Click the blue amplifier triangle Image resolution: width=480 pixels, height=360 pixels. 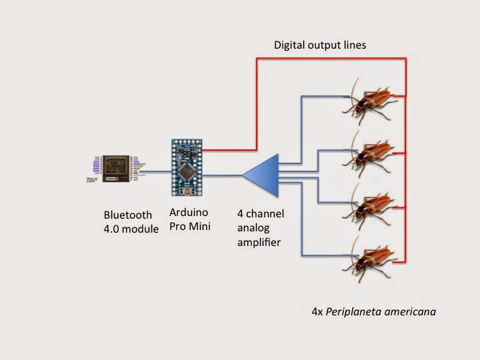point(261,175)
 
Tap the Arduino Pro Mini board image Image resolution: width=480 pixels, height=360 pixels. point(186,167)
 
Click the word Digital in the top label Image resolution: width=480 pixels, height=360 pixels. point(291,46)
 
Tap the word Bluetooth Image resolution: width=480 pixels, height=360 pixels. point(128,215)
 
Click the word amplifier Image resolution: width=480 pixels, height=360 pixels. point(259,243)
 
